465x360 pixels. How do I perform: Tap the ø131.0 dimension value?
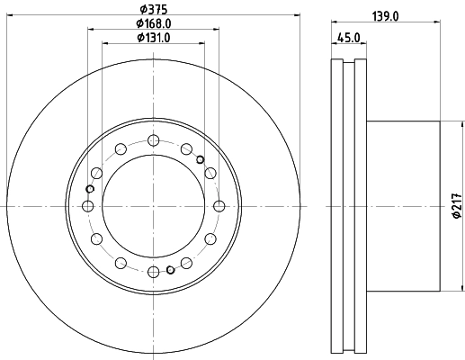(x=155, y=37)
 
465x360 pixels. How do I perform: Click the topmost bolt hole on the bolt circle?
(x=153, y=140)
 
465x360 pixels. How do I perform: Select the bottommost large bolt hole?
(x=153, y=272)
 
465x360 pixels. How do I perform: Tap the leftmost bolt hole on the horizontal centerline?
(x=87, y=206)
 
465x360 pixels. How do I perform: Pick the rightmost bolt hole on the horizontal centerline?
(x=219, y=206)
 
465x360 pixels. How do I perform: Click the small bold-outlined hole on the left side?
(x=88, y=189)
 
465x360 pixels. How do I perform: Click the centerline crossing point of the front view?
(x=153, y=206)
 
